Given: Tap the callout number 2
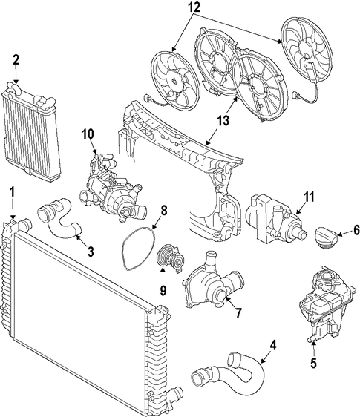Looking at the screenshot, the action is [x=16, y=60].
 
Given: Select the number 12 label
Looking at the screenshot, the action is [x=194, y=7].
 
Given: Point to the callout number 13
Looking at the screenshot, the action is [x=223, y=120].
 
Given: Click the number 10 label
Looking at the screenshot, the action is [x=88, y=134].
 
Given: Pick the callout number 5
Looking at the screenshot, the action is [x=314, y=363].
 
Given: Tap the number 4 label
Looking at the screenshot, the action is [x=273, y=346].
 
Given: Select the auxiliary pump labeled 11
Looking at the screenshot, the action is [x=275, y=218].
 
